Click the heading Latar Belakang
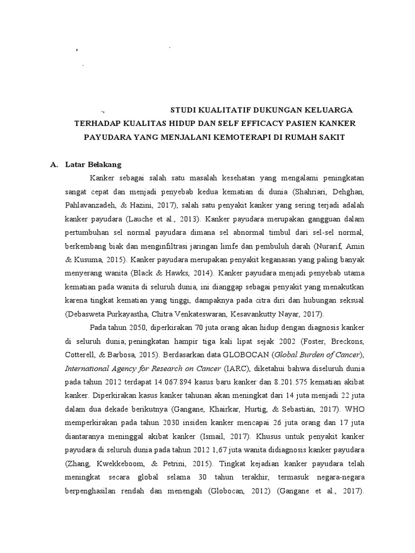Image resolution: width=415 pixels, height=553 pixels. [x=93, y=164]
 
